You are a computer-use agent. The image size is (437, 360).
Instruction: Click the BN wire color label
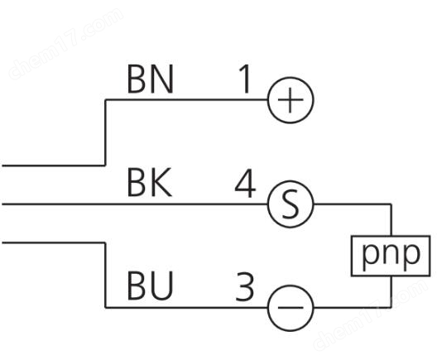click(151, 79)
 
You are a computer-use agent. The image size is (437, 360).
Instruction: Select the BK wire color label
click(149, 183)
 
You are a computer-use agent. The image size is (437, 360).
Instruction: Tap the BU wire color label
click(151, 286)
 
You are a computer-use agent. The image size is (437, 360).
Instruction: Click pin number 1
click(245, 79)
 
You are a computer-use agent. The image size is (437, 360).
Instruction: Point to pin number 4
click(245, 183)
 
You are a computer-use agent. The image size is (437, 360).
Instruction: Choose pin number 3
click(245, 286)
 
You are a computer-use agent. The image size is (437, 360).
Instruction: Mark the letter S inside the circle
click(291, 204)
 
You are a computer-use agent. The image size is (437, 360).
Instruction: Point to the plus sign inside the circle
click(291, 100)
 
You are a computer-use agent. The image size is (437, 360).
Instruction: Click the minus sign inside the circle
click(291, 308)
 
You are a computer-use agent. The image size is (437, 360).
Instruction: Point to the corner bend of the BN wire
click(105, 99)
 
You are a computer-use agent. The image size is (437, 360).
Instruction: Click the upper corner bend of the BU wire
click(105, 242)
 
